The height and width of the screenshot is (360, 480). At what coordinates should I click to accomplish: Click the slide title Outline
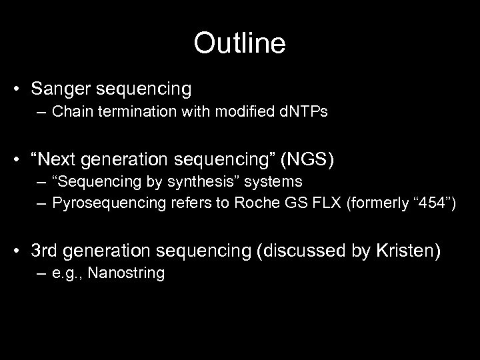pyautogui.click(x=239, y=44)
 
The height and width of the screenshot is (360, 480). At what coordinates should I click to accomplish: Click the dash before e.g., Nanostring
pyautogui.click(x=43, y=272)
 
